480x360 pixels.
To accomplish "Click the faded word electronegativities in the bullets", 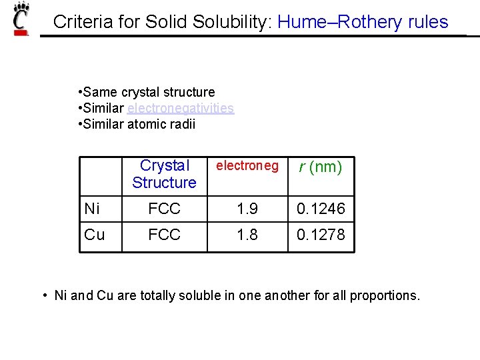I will coord(180,108).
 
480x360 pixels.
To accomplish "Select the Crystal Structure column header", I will coord(164,174).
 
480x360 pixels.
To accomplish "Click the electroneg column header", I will coord(247,166).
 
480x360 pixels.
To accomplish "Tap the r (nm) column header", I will coord(321,167).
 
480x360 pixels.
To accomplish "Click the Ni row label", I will coord(92,209).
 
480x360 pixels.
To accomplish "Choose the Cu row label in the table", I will coord(95,235).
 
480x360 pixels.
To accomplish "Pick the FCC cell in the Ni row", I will coord(164,209).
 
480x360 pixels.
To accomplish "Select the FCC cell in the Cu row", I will coord(164,235).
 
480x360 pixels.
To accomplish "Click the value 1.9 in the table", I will coord(247,209).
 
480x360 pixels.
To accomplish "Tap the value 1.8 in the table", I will coord(247,235).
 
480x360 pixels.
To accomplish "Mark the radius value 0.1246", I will coord(321,209).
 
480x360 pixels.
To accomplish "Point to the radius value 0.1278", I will coord(321,235).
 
